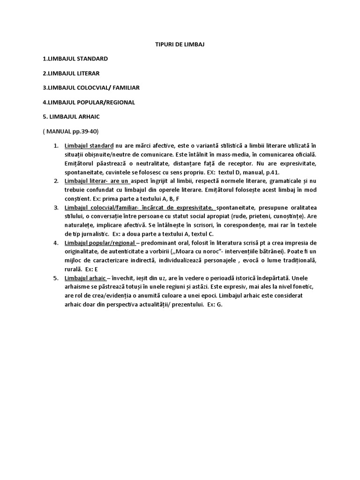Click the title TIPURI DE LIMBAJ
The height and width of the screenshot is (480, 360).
[180, 44]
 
